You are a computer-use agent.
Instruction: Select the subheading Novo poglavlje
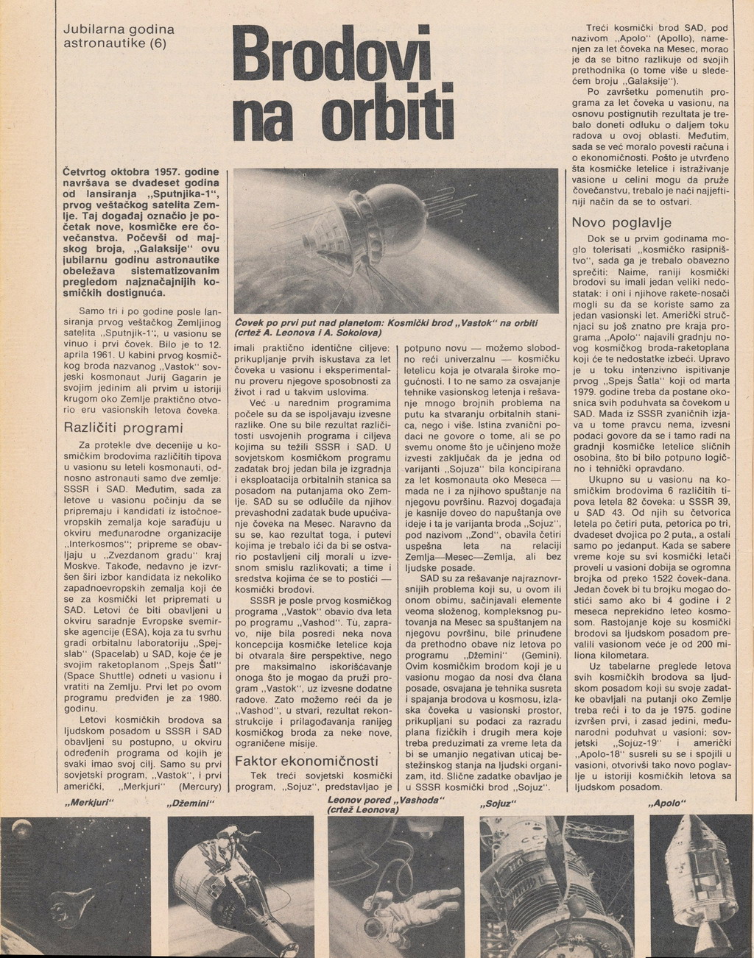click(x=622, y=222)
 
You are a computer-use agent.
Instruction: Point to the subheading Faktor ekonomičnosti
click(x=306, y=761)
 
